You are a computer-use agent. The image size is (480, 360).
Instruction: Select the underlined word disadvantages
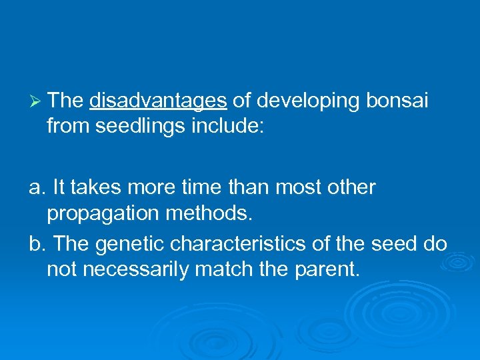[158, 101]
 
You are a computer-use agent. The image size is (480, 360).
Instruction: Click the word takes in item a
[93, 188]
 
